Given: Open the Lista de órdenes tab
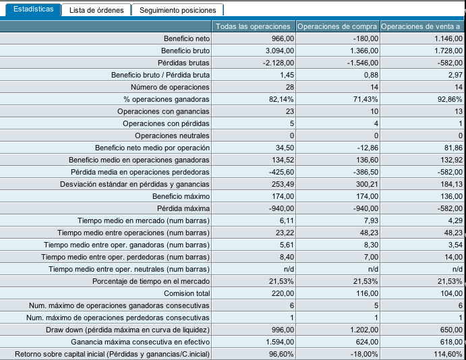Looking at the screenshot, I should pyautogui.click(x=96, y=10).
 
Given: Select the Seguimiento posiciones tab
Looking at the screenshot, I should pyautogui.click(x=178, y=10).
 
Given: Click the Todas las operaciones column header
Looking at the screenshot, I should pyautogui.click(x=253, y=26).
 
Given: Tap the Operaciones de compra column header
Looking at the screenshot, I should pyautogui.click(x=337, y=26).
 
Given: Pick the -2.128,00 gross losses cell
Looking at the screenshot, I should pyautogui.click(x=279, y=63).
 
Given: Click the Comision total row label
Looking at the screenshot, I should pyautogui.click(x=187, y=293).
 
